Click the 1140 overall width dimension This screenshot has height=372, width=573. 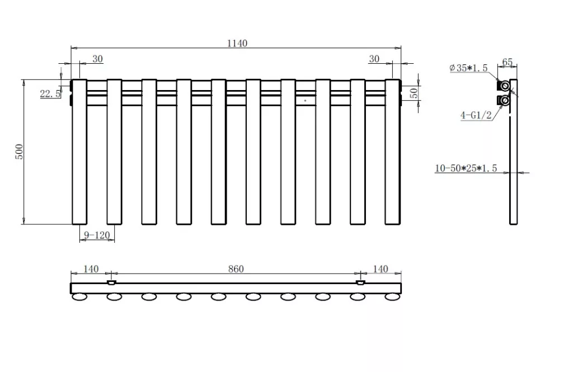click(x=237, y=44)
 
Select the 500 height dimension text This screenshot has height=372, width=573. click(x=19, y=152)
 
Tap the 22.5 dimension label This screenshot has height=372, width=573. click(x=50, y=94)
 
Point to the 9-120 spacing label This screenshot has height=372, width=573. click(x=97, y=236)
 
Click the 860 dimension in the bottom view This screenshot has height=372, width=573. click(x=236, y=269)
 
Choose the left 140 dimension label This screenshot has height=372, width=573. click(x=91, y=269)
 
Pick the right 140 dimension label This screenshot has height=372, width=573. click(x=381, y=269)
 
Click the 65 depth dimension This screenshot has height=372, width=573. click(x=507, y=62)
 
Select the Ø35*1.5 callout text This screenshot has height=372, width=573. click(x=468, y=68)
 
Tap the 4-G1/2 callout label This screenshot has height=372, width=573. click(x=476, y=115)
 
